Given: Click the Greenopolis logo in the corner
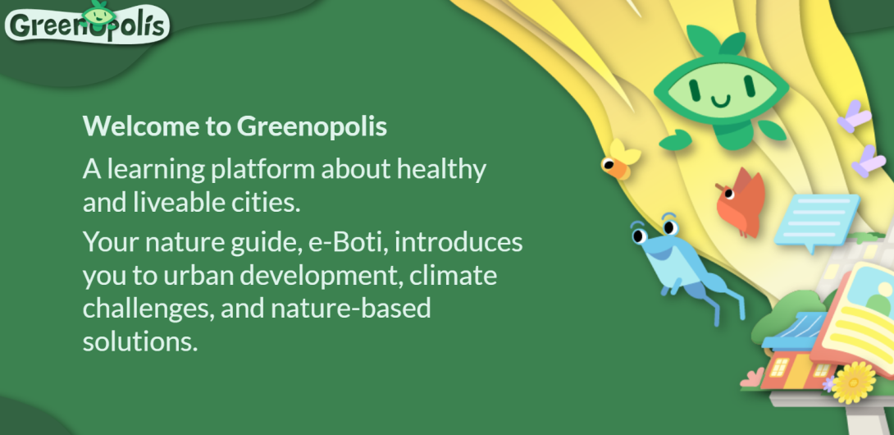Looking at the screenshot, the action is (x=87, y=23).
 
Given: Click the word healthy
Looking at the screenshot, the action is (x=442, y=170).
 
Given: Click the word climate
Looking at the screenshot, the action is (x=454, y=276).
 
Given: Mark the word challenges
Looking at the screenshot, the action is (x=148, y=309).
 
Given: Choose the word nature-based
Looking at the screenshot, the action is (x=351, y=309).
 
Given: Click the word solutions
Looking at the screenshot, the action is (x=140, y=342).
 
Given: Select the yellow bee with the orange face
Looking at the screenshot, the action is (x=620, y=160).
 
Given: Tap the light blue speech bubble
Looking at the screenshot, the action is (x=816, y=221).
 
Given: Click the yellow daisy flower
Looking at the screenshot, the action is (x=854, y=382).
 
